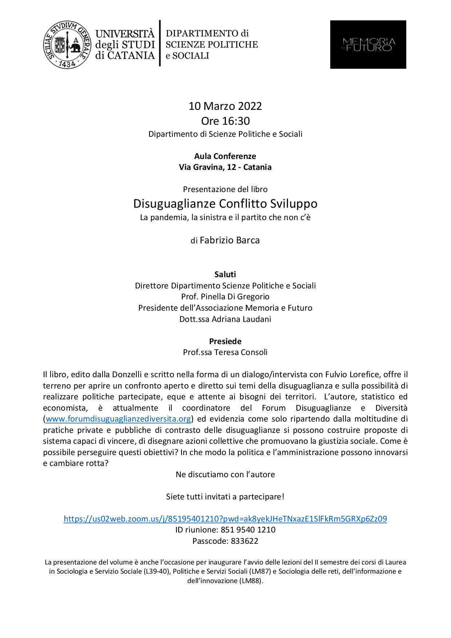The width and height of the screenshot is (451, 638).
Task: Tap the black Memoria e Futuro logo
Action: coord(368,44)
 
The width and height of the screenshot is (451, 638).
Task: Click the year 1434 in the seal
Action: coord(67,64)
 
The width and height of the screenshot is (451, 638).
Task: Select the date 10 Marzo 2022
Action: coord(225,106)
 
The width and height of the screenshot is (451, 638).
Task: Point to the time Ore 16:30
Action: coord(225,121)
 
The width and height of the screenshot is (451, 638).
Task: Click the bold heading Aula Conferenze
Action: coord(225,156)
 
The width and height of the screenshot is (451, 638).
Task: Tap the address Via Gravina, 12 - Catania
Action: coord(225,167)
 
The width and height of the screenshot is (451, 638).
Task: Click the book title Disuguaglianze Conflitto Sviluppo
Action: coord(225,204)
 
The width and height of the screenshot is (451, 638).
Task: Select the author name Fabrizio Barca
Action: coord(230,240)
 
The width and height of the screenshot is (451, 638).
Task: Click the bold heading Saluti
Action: coord(225,275)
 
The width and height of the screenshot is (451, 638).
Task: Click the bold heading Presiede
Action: coord(225,342)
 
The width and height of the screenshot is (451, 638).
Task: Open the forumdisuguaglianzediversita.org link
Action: coord(118,419)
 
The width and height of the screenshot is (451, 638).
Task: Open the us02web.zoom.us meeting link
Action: coord(225,519)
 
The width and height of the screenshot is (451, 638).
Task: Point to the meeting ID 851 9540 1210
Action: coord(248,530)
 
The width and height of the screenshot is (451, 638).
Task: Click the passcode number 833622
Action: coord(244,541)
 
